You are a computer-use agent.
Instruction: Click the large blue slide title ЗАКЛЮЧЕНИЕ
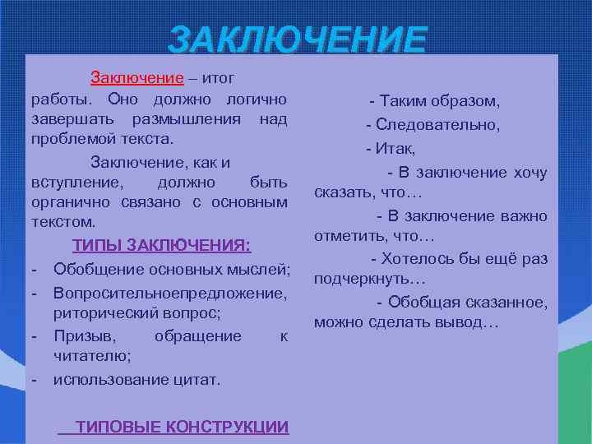298,39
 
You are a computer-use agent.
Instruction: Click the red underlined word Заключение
136,79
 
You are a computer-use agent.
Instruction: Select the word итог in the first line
218,79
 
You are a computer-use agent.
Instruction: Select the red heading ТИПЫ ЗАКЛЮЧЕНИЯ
161,245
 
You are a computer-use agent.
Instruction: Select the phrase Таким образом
437,101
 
